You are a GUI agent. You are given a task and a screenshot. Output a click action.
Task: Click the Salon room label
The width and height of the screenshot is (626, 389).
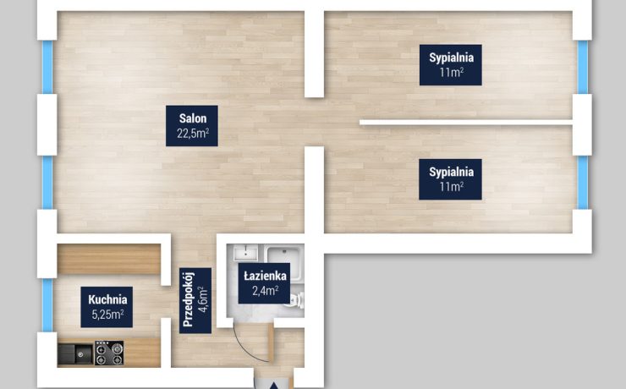tap(193, 118)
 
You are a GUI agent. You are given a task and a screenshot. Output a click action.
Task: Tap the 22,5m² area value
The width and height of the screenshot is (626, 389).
tap(193, 134)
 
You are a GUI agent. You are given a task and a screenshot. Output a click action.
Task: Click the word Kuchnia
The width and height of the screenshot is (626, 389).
tap(107, 299)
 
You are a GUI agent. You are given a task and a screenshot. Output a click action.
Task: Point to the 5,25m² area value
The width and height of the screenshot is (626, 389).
tap(107, 315)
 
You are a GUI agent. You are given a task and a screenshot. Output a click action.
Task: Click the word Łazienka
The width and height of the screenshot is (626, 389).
tap(265, 276)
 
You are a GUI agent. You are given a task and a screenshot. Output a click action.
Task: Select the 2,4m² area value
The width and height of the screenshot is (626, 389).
tap(265, 290)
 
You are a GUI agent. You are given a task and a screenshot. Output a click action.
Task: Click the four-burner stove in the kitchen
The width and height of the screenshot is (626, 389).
tap(109, 353)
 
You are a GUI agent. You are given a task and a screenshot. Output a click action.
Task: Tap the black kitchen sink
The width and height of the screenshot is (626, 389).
tap(75, 353)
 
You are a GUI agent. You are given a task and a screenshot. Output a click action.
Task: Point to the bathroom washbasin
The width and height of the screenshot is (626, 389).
tap(245, 253)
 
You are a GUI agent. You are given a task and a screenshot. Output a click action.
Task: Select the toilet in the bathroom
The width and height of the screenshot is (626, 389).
tap(296, 300)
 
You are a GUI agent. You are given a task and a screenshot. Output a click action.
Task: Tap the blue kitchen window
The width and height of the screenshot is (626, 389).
tap(47, 305)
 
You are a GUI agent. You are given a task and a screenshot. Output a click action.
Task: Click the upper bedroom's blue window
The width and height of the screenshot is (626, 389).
tap(583, 67)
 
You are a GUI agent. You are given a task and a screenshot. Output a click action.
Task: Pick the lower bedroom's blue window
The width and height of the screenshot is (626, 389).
tap(583, 183)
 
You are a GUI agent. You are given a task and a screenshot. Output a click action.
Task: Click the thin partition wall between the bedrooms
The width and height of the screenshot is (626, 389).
tap(466, 123)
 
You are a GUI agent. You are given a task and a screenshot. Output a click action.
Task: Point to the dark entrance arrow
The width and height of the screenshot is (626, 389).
tap(274, 386)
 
